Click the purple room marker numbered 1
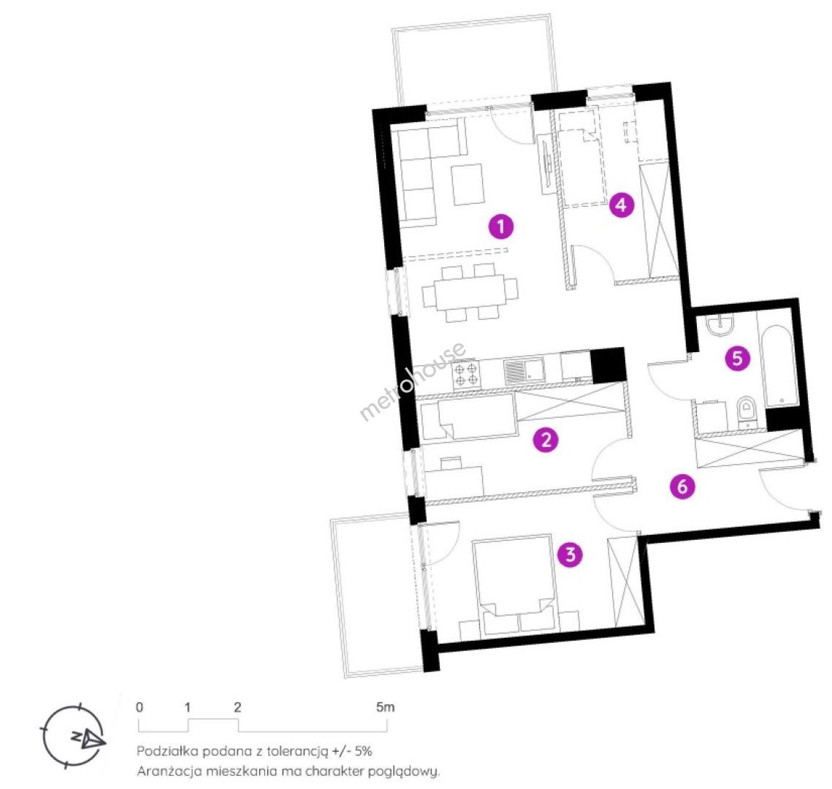(501, 226)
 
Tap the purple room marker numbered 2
(546, 439)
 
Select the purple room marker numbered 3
(570, 554)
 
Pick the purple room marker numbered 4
(622, 205)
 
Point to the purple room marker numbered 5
(738, 358)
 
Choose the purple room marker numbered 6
(682, 486)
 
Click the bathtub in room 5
(779, 366)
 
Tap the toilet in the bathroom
(747, 412)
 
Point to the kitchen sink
(524, 370)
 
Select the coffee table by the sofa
(468, 184)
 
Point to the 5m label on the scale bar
(385, 706)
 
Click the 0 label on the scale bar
(139, 706)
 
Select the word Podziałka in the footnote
(162, 751)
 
